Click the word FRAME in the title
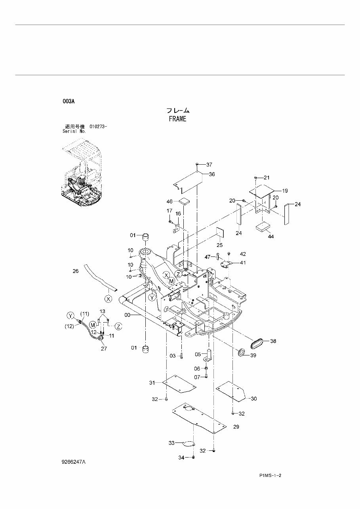[177, 119]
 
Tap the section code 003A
[69, 101]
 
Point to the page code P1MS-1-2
[273, 476]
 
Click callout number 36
[211, 174]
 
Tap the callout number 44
[271, 236]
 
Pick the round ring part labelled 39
[241, 352]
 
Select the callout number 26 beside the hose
[76, 271]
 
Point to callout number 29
[236, 427]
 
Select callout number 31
[152, 382]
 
